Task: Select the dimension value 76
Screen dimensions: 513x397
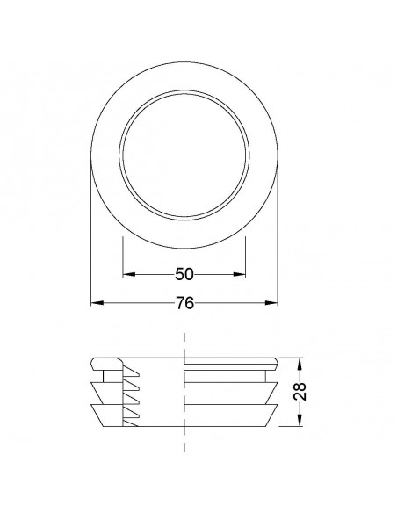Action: (184, 303)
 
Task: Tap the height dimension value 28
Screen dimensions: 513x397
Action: (300, 393)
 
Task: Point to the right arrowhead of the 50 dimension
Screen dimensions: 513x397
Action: (241, 275)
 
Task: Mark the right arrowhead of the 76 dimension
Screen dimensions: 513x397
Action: (272, 303)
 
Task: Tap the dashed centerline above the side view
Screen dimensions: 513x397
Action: (184, 343)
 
